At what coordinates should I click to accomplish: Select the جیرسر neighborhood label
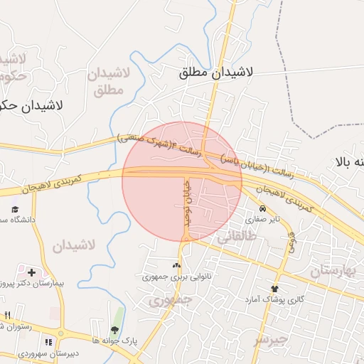click(x=272, y=340)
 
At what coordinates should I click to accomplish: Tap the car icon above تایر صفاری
click(x=263, y=209)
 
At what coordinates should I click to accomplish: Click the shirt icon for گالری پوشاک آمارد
click(x=274, y=289)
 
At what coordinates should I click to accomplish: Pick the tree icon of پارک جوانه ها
click(x=114, y=329)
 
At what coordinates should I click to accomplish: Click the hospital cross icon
click(x=31, y=272)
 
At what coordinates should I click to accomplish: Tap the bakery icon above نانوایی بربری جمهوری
click(x=176, y=264)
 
